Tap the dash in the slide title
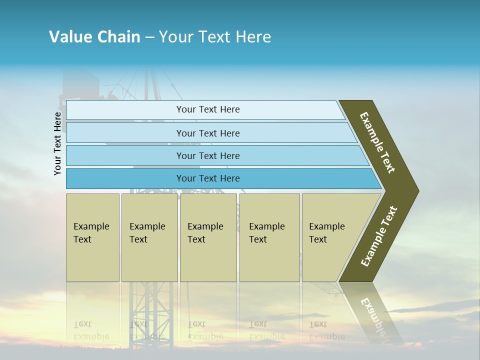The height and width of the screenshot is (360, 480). (149, 37)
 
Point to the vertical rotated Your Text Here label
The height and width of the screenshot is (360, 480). (57, 143)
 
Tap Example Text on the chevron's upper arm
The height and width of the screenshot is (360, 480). (377, 142)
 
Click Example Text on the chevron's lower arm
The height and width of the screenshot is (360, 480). (379, 236)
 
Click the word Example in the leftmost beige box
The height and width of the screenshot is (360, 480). (91, 226)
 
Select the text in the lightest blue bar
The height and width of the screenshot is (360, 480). (208, 109)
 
